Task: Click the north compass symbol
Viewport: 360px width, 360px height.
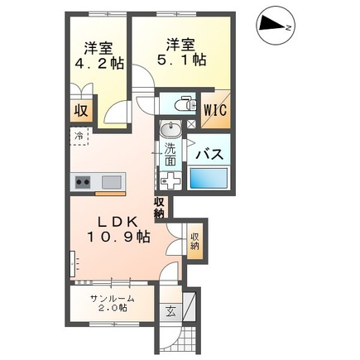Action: coord(276,27)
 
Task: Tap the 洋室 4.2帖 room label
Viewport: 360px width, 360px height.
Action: coord(99,56)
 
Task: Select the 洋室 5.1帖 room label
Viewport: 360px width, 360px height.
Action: coord(181,52)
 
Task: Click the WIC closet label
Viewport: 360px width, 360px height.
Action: coord(215,110)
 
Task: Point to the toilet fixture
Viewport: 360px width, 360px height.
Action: coord(185,104)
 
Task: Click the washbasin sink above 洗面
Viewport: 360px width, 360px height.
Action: coord(170,129)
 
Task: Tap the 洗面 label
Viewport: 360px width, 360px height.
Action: coord(170,155)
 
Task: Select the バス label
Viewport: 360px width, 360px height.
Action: coord(209,155)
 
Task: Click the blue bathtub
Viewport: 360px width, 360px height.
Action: coord(209,179)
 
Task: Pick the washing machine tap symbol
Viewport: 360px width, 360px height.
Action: coord(170,180)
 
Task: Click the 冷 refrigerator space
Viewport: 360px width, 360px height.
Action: coord(79,136)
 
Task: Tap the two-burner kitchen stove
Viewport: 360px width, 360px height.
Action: coord(83,182)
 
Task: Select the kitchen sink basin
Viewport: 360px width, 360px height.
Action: coord(112,182)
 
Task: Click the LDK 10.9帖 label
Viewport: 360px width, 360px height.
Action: coord(119,229)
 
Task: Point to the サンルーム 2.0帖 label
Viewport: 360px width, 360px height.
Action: coord(113,303)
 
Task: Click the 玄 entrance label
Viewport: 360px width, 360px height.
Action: coord(170,313)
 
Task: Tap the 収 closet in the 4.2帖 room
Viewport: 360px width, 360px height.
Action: coord(81,111)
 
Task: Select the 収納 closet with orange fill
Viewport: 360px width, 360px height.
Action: coord(195,242)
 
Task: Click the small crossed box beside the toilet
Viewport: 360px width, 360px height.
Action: coord(191,124)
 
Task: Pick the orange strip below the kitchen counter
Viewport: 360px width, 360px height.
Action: coord(110,194)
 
